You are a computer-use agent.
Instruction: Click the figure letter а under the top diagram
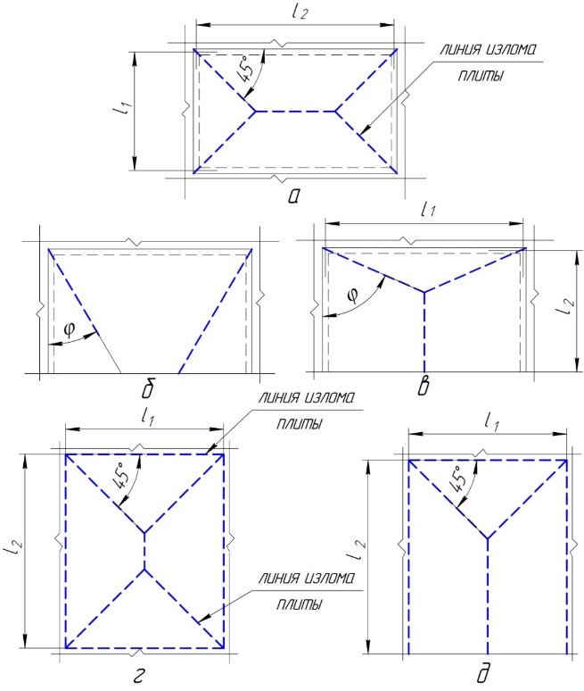point(294,196)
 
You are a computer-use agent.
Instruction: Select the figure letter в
point(424,387)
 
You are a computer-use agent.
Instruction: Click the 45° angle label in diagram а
point(246,70)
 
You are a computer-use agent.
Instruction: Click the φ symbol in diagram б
point(70,329)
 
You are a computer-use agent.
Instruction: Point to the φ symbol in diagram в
point(352,296)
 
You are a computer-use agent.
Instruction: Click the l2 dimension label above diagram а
point(299,11)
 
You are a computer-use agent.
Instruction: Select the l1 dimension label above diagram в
point(428,210)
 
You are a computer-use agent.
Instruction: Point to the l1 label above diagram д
point(491,422)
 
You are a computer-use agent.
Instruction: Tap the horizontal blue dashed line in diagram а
point(295,111)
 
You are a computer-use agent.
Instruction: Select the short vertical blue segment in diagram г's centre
point(144,551)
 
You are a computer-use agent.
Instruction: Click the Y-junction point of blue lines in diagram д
point(487,538)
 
